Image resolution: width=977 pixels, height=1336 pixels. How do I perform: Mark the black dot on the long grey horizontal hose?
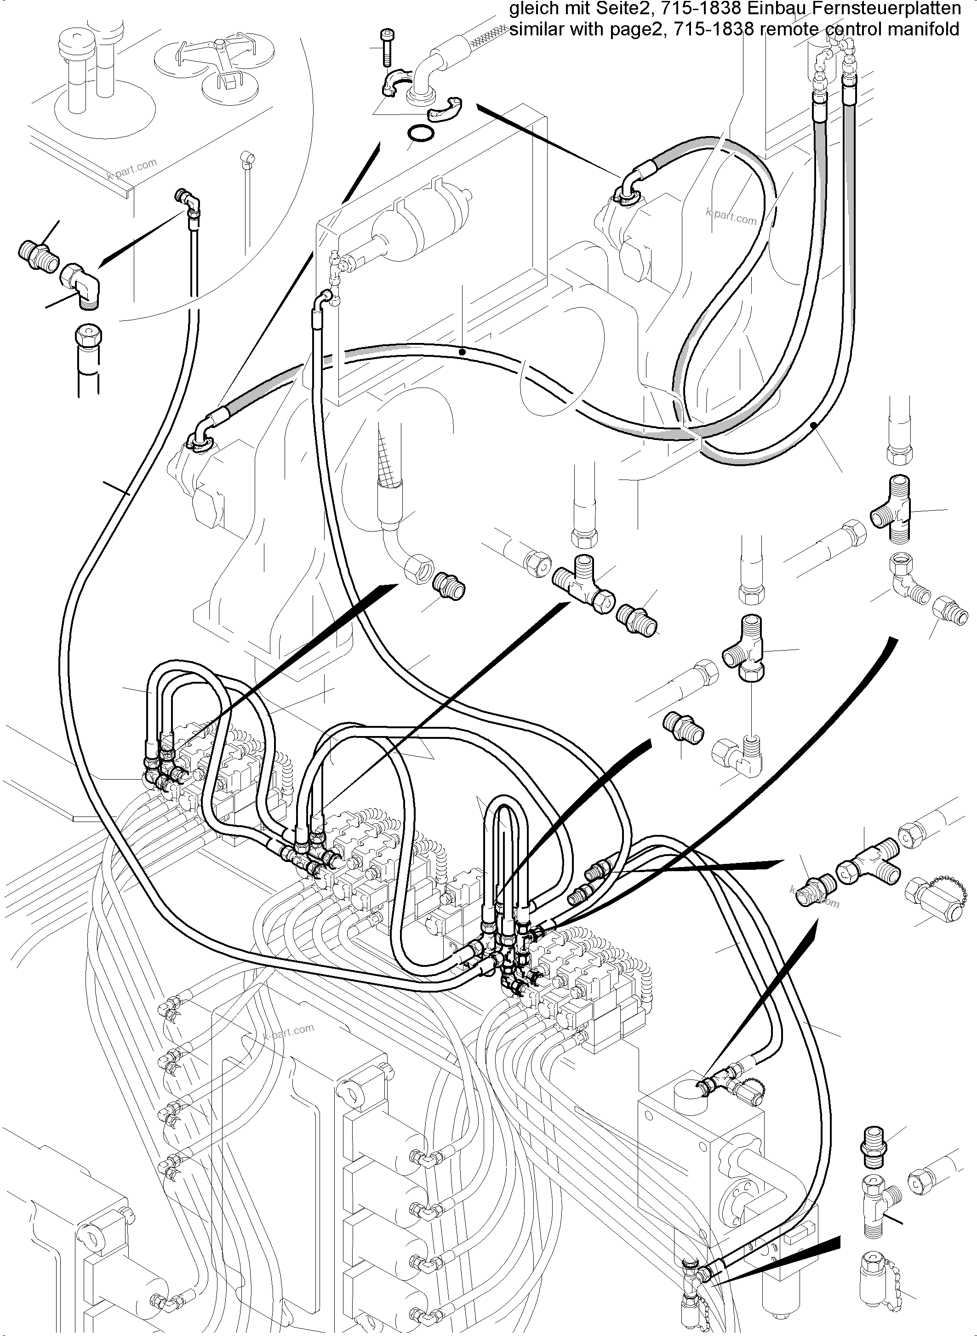tap(463, 352)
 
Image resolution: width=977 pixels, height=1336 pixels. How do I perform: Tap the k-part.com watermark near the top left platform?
tap(132, 169)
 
